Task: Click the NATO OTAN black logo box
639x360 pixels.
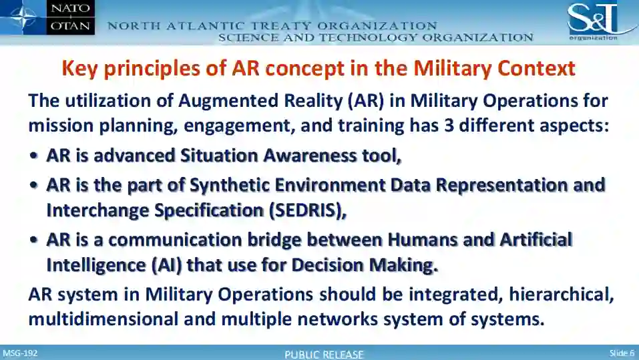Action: (71, 17)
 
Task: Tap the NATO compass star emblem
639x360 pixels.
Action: (23, 17)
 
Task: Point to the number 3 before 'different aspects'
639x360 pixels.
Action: (449, 126)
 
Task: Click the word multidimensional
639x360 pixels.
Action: (103, 319)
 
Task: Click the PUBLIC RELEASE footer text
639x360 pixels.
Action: (324, 354)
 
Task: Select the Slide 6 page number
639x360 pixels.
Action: (622, 353)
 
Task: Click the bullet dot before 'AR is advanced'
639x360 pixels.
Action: (34, 156)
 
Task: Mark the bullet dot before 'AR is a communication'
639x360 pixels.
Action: (34, 240)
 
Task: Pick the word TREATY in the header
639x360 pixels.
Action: (281, 26)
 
